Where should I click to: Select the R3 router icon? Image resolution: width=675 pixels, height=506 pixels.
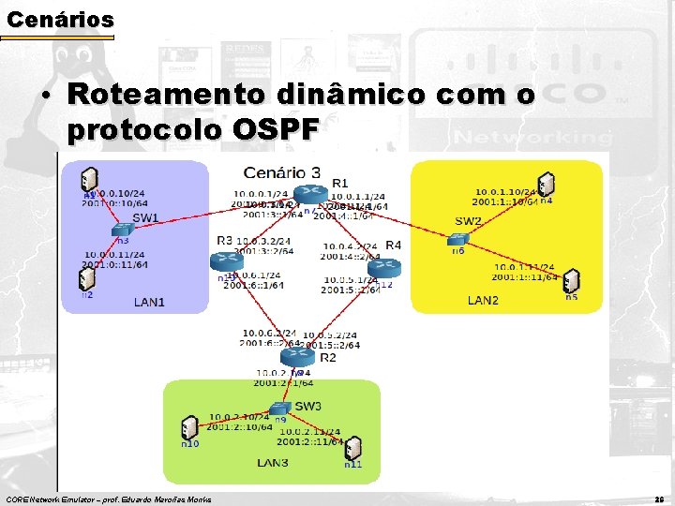pos(226,261)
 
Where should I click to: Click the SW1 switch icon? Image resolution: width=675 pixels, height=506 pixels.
pos(120,231)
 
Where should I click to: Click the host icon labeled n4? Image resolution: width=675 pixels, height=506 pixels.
pos(545,185)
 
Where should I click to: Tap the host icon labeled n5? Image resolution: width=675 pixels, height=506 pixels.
pos(571,281)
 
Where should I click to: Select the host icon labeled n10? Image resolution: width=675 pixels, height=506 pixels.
pos(189,428)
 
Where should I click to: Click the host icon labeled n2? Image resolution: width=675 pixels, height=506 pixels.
pos(86,279)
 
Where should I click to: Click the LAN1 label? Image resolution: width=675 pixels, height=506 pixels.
pos(148,302)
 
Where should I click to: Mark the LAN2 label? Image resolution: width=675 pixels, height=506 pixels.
pos(483,301)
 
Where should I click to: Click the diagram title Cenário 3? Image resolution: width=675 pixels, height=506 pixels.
pos(282,171)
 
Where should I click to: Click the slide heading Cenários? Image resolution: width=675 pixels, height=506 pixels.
pos(59,18)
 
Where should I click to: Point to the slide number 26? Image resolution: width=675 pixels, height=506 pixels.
pos(659,499)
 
